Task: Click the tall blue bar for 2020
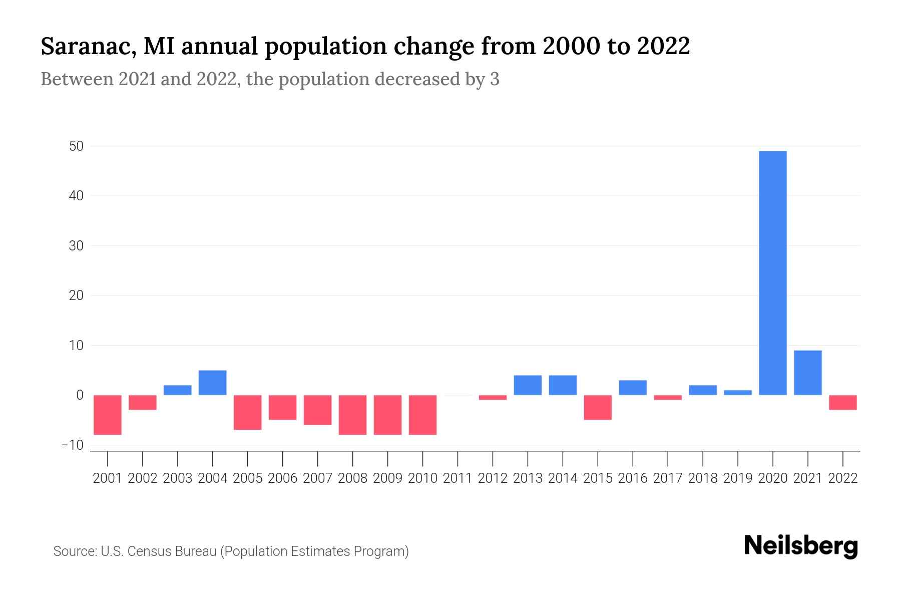coord(773,273)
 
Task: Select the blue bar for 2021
coord(808,373)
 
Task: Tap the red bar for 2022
coord(843,402)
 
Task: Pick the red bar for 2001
coord(108,415)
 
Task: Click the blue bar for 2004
coord(213,383)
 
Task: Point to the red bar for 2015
coord(598,407)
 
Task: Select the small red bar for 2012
coord(493,397)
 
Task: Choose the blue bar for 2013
coord(528,385)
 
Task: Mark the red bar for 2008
coord(353,415)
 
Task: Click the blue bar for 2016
coord(633,388)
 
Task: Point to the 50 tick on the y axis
coord(77,146)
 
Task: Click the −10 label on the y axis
coord(73,445)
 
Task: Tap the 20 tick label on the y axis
coord(77,295)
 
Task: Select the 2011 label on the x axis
coord(458,478)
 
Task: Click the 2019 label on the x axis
coord(738,478)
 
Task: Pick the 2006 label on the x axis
coord(283,478)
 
